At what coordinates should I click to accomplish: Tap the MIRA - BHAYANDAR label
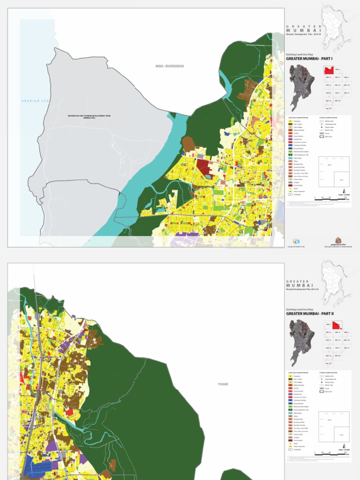coord(170,66)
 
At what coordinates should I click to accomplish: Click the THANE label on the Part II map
coord(222,384)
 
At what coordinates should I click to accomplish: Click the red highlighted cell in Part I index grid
coord(329,70)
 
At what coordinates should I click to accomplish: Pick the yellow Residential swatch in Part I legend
coord(290,120)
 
